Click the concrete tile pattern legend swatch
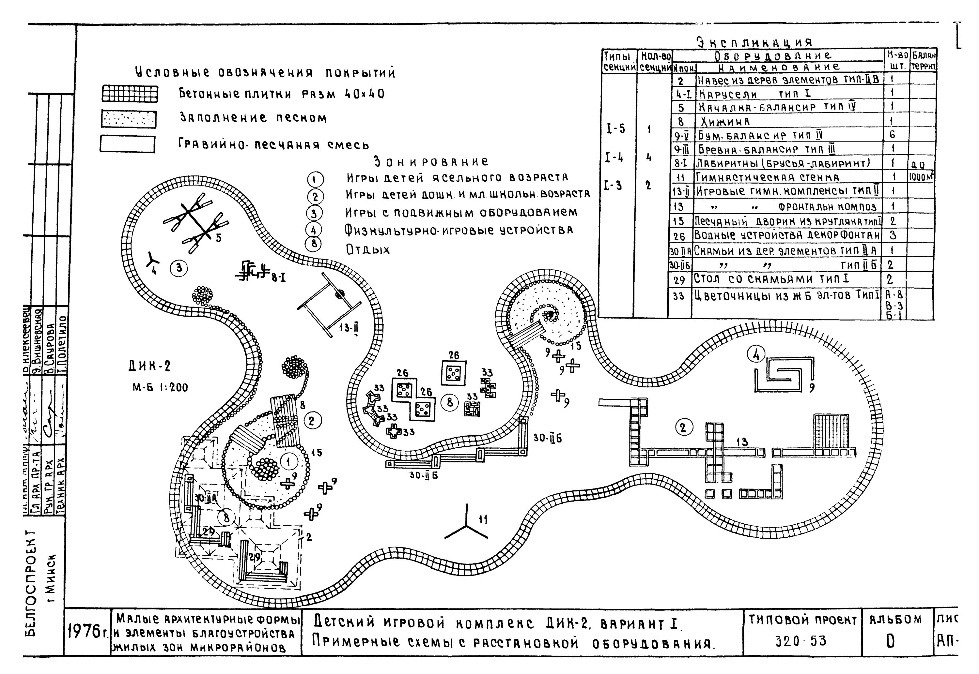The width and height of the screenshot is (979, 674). (x=129, y=94)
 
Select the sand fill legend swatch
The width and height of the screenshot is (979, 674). (x=129, y=119)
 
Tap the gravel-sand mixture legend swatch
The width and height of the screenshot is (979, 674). (x=127, y=144)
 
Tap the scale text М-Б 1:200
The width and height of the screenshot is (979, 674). (x=161, y=387)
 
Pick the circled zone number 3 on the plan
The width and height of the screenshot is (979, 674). (x=179, y=268)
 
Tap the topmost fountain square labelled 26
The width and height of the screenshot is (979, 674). (x=454, y=372)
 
